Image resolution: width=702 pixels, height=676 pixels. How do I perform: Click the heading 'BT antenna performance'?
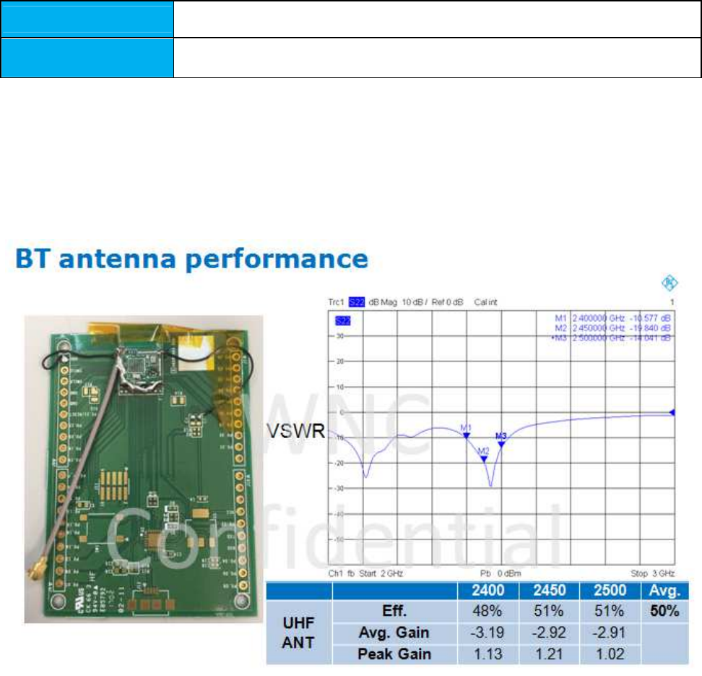click(192, 260)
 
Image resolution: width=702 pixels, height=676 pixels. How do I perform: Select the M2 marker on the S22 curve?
click(484, 458)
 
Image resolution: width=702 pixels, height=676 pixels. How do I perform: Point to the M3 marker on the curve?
click(500, 442)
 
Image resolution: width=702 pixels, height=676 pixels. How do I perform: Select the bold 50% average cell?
click(664, 612)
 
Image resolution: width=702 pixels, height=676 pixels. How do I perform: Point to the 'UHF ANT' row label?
click(298, 633)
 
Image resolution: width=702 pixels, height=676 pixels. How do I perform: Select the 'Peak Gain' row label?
click(395, 654)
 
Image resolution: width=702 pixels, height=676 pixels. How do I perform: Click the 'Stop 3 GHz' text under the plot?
click(652, 573)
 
